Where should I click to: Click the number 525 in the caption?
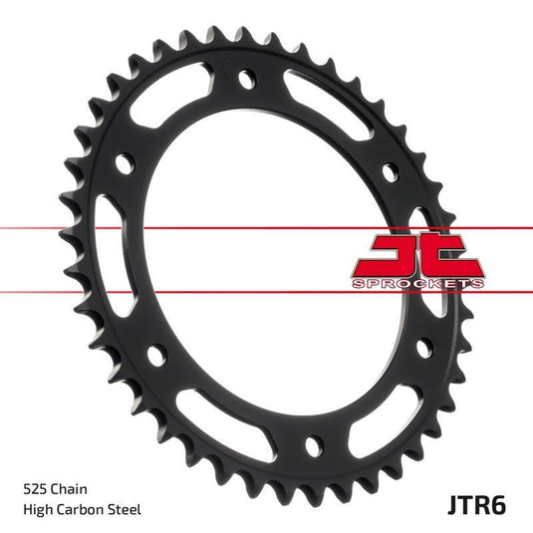pyautogui.click(x=34, y=489)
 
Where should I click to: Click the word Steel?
pyautogui.click(x=128, y=509)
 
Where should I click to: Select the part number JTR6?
pyautogui.click(x=476, y=502)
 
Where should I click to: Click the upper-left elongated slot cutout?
pyautogui.click(x=167, y=101)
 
